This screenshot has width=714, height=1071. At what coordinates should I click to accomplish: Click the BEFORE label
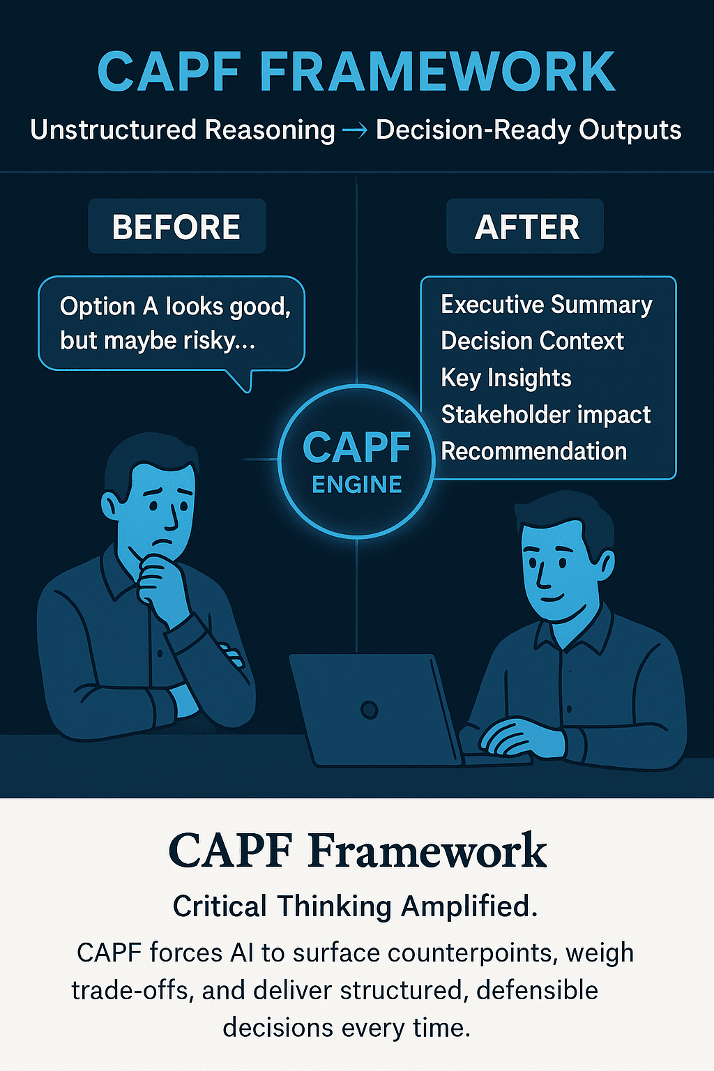tap(176, 227)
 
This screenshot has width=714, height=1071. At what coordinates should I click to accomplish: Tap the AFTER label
tap(526, 227)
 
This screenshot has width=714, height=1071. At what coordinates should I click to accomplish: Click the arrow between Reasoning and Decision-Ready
tap(356, 130)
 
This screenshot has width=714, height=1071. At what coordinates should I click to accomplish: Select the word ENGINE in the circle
tap(357, 485)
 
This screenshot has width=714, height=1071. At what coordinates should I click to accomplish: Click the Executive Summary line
tap(547, 305)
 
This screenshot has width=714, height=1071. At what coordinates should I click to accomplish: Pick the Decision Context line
tap(532, 341)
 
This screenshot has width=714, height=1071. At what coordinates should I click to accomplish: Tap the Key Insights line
tap(506, 378)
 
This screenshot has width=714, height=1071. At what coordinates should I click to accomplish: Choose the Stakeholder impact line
tap(546, 414)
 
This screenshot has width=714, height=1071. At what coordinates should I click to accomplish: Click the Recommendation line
tap(533, 451)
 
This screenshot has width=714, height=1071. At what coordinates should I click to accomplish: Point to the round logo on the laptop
tap(369, 710)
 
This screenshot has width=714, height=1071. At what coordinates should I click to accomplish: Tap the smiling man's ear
tap(606, 563)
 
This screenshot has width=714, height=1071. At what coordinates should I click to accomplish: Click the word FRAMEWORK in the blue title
tap(437, 72)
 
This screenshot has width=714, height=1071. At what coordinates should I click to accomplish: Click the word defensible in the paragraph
tap(537, 990)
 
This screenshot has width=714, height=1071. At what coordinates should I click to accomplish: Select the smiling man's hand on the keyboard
tap(522, 739)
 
